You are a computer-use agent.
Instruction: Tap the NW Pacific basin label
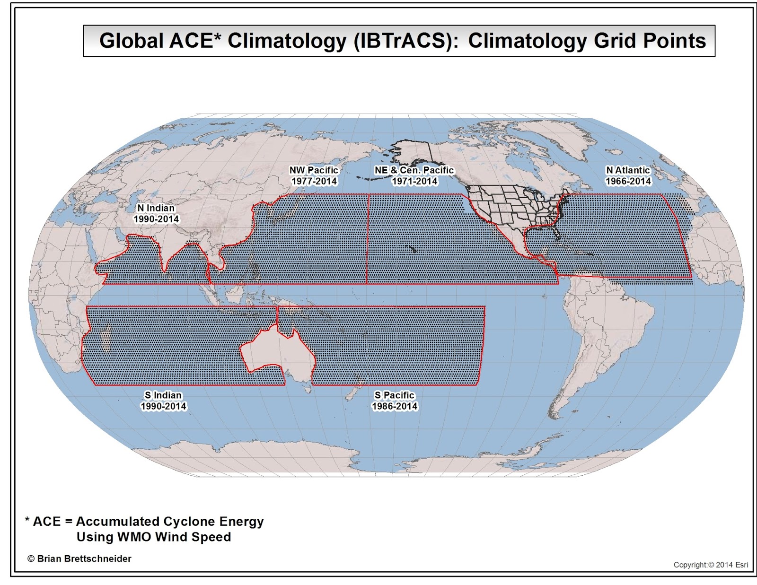[314, 170]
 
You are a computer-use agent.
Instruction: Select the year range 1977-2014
[314, 181]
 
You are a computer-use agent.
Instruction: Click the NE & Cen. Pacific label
[414, 170]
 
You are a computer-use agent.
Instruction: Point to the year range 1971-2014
[414, 181]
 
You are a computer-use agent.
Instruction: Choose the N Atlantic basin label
[628, 170]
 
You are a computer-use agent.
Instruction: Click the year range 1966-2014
[628, 181]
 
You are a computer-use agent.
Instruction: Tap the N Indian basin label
[156, 208]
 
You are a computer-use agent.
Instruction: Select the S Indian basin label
[163, 395]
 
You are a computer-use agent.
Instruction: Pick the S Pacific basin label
[394, 395]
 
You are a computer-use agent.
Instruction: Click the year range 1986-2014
[395, 406]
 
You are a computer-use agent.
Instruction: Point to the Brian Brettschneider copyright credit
[79, 559]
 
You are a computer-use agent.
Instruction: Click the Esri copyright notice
[711, 565]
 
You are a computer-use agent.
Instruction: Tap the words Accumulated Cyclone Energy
[170, 522]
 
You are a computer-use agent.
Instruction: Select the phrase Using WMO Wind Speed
[154, 537]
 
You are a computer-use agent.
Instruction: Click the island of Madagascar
[106, 338]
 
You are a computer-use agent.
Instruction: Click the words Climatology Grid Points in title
[587, 41]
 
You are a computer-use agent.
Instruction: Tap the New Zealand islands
[355, 390]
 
